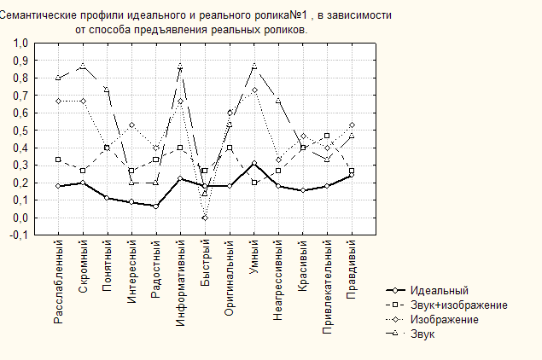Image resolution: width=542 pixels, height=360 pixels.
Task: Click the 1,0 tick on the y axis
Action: click(20, 43)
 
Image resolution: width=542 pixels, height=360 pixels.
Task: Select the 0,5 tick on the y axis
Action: click(20, 131)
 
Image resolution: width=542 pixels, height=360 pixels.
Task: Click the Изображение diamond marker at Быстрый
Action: click(206, 218)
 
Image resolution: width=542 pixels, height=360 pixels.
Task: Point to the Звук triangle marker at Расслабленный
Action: click(58, 78)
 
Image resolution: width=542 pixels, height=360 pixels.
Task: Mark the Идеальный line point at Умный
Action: click(254, 163)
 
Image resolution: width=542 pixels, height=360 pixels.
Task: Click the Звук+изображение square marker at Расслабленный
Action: click(58, 160)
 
